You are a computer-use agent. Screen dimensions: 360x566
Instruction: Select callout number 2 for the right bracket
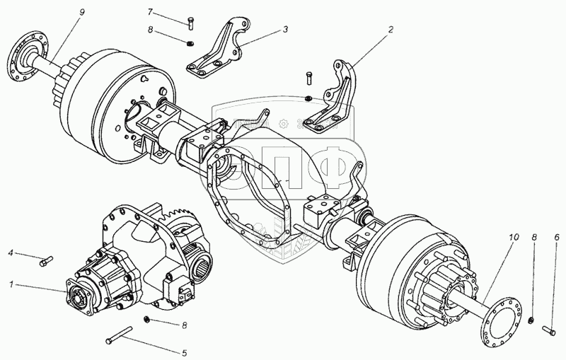pyautogui.click(x=389, y=31)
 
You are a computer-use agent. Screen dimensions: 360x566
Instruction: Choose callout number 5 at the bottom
pyautogui.click(x=184, y=353)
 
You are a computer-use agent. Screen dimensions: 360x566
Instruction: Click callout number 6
pyautogui.click(x=556, y=238)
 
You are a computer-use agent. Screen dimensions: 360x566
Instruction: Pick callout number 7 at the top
pyautogui.click(x=150, y=12)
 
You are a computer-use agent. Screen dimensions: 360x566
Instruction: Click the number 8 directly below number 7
pyautogui.click(x=150, y=30)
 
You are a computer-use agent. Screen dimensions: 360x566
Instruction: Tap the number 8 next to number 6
pyautogui.click(x=534, y=238)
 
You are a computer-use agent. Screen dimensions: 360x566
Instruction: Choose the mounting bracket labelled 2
pyautogui.click(x=335, y=99)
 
